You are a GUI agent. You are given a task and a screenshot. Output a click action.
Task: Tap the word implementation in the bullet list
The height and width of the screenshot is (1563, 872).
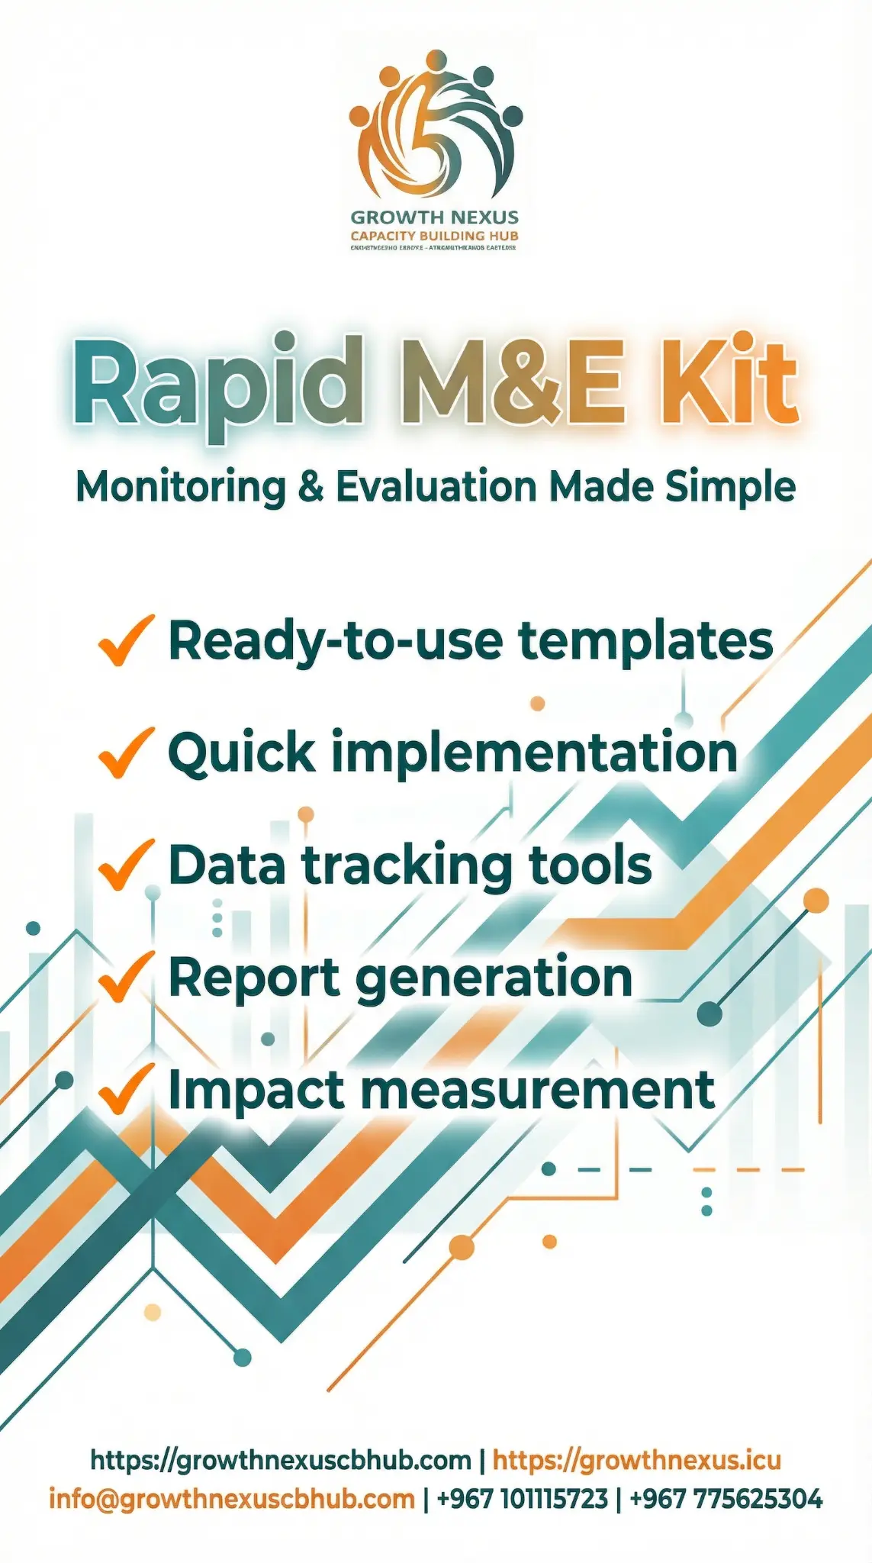click(533, 752)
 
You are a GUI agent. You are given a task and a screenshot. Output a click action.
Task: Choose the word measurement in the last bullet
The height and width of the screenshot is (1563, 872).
click(538, 1089)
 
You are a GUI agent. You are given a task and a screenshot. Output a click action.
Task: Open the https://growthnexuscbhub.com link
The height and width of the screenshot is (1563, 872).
click(281, 1460)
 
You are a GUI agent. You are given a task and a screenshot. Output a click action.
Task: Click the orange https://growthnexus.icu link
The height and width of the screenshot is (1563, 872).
click(636, 1460)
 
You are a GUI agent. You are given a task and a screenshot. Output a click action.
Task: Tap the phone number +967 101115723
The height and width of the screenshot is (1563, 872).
click(523, 1498)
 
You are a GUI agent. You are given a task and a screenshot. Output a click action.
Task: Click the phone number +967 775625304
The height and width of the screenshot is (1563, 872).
click(726, 1498)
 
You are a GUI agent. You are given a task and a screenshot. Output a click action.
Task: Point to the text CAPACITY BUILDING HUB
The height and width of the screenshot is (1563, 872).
click(434, 236)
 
